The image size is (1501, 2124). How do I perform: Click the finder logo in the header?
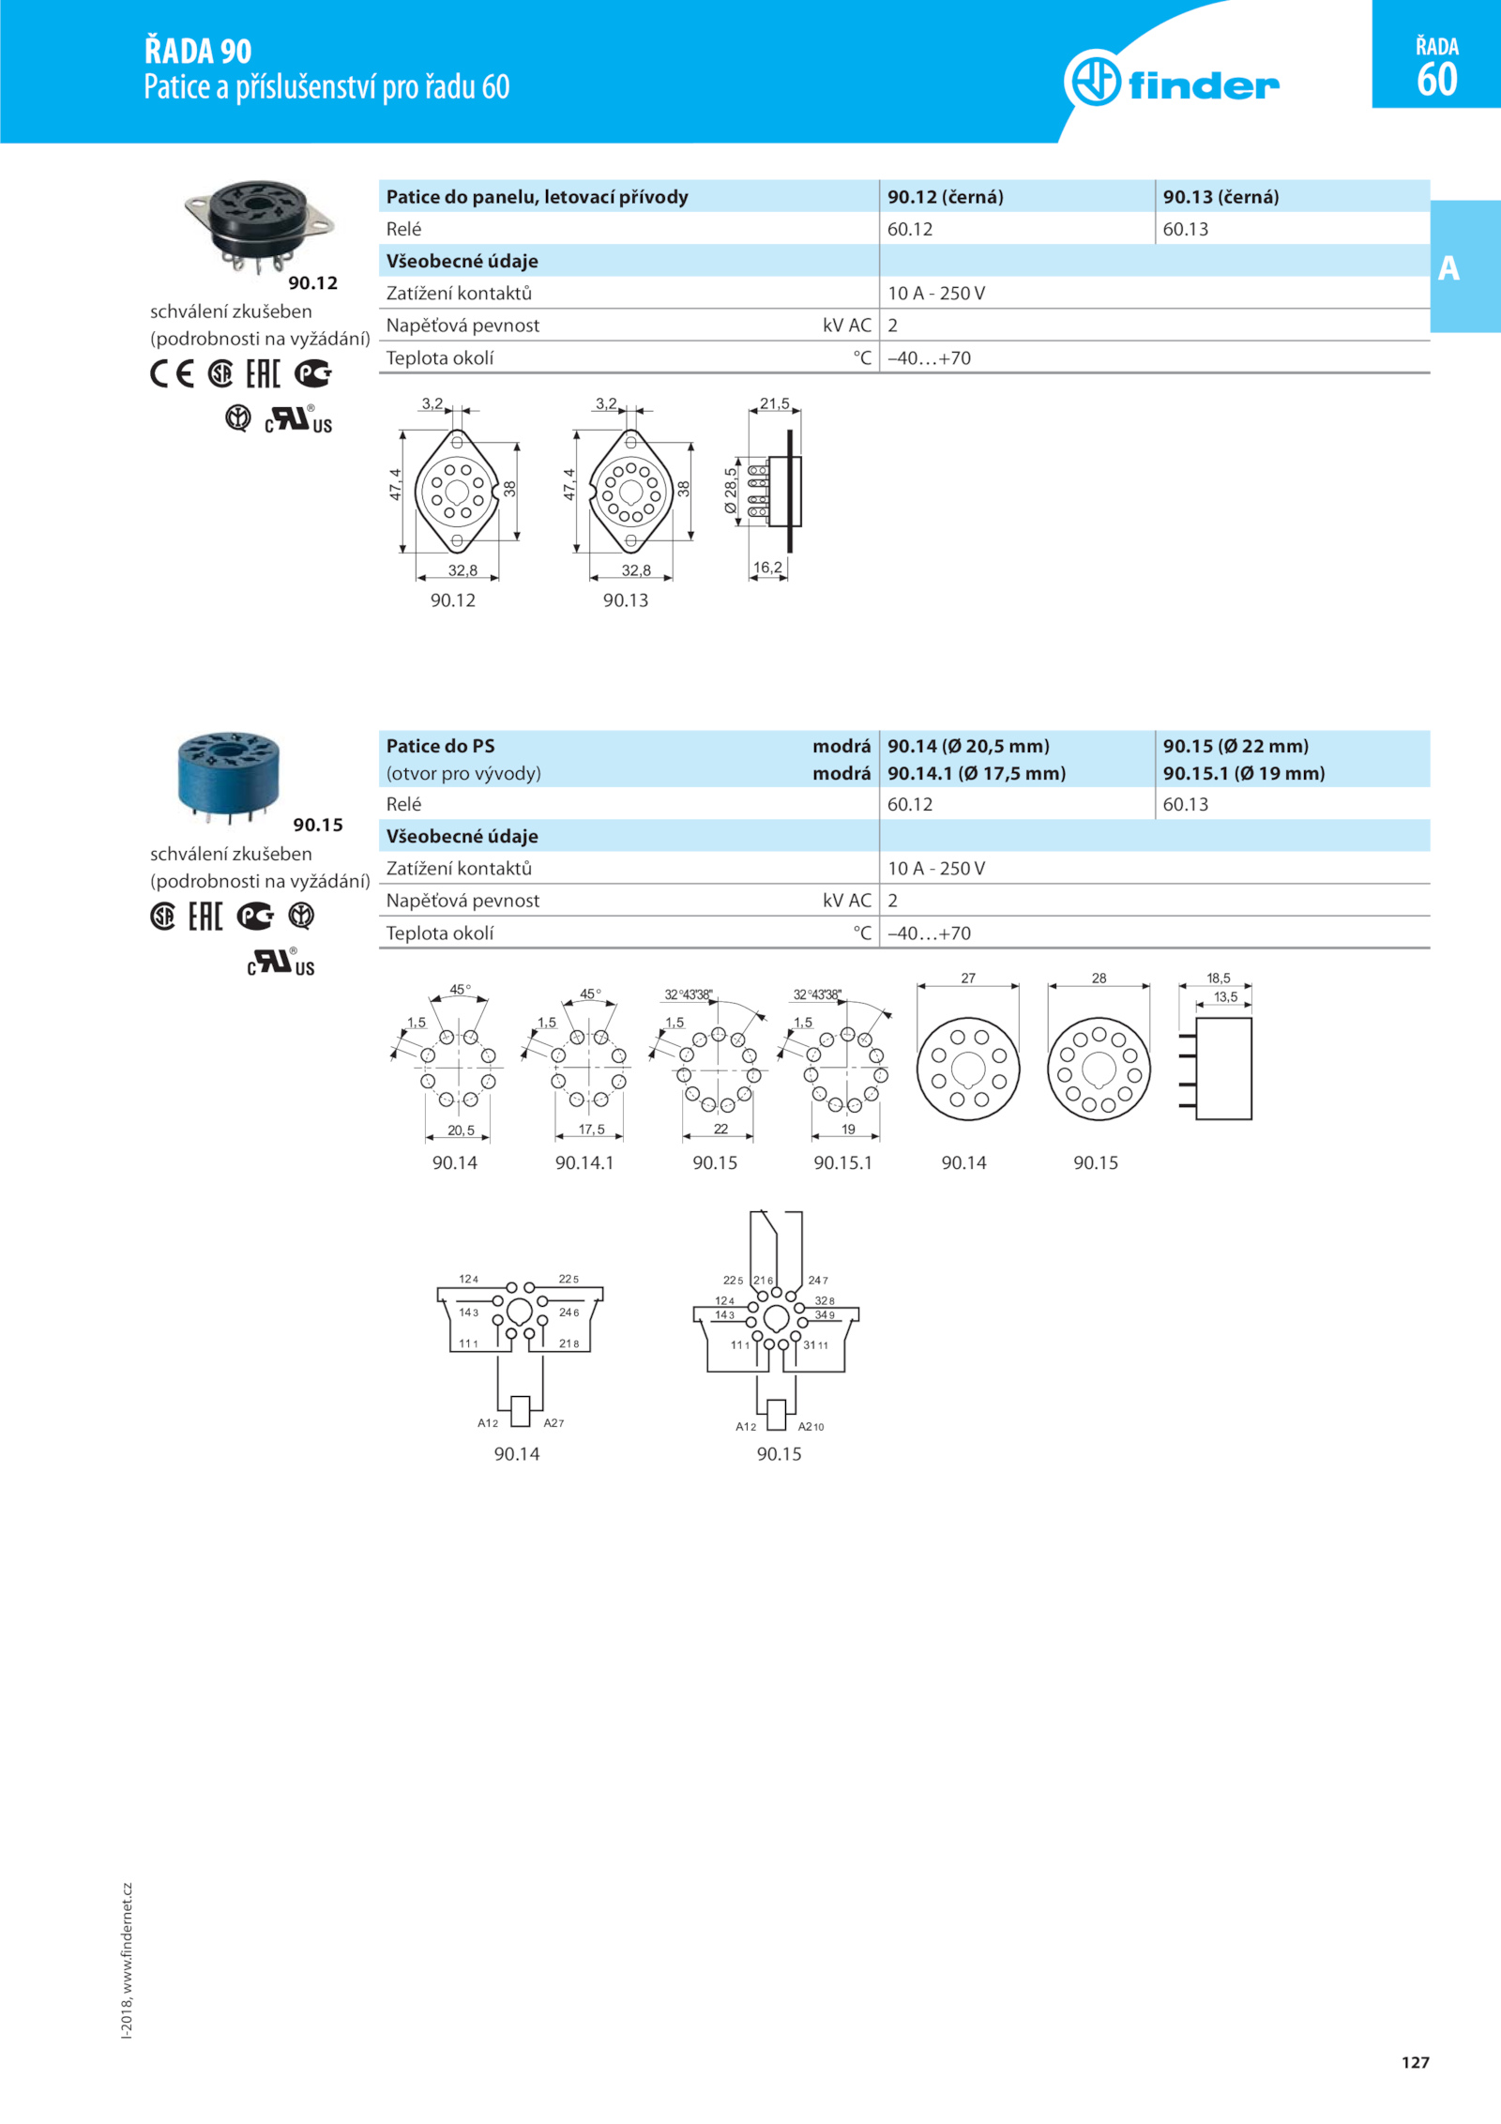(1173, 82)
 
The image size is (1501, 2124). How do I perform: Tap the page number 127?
(1415, 2061)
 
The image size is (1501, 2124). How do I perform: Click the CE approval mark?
(172, 374)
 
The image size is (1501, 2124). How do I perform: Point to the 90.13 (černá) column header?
(1221, 197)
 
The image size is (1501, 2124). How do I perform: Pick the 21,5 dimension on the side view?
(774, 404)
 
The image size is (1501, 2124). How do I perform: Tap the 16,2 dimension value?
(766, 568)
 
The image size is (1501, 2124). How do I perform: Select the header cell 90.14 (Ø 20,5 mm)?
(968, 746)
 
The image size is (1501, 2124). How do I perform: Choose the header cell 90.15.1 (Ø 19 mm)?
(1243, 773)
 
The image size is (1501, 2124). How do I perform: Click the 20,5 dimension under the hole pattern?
(461, 1130)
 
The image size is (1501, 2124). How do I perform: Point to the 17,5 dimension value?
(591, 1130)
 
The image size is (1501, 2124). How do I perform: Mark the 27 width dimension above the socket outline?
(968, 979)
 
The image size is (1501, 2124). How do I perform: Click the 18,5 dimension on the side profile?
(1218, 979)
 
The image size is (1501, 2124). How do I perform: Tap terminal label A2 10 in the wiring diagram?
(811, 1427)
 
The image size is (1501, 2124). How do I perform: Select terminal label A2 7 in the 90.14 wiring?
(553, 1423)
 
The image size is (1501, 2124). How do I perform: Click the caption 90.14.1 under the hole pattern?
(584, 1163)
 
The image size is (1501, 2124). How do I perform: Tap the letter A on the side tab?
(1448, 268)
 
